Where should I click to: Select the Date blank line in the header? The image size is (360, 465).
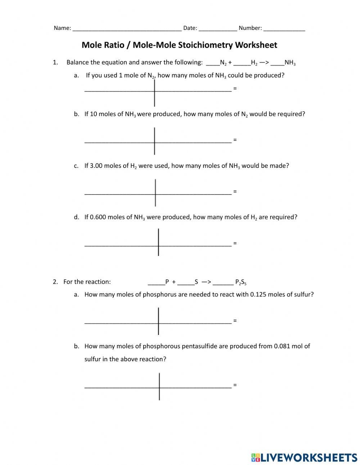coord(218,29)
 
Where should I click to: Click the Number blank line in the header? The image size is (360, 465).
coord(284,29)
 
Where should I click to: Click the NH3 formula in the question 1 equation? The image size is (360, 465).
coord(290,63)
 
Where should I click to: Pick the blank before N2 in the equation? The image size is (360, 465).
coord(213,63)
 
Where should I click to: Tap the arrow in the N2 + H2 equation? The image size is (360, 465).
coord(264,62)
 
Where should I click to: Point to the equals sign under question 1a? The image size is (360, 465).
coord(235,88)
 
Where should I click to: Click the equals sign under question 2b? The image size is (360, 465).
coord(235,385)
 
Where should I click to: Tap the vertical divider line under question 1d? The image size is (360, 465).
coord(158,242)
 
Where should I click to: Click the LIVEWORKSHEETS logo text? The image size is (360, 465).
coord(309,457)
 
